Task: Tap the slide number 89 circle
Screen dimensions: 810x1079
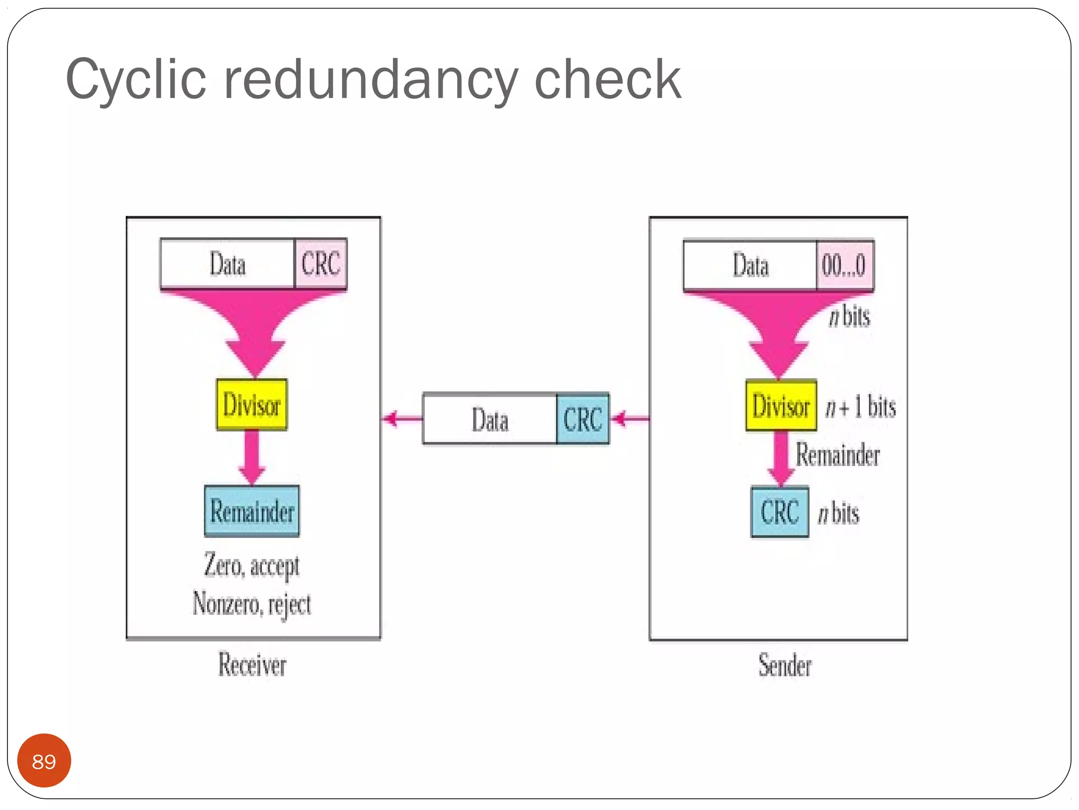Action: (44, 760)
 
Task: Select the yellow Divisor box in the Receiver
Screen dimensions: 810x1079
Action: (252, 404)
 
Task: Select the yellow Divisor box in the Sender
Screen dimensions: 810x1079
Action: (781, 406)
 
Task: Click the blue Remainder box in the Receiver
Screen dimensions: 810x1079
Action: (252, 511)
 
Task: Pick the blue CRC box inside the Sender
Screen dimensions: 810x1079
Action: (779, 512)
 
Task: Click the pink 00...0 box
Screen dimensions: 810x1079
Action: (844, 265)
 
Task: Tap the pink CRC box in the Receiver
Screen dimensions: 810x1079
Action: (320, 263)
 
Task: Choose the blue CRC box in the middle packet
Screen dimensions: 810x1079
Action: (582, 419)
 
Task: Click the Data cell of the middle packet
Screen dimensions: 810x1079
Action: (489, 419)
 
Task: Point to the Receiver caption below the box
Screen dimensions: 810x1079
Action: (252, 664)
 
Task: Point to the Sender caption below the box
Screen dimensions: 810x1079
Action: (784, 665)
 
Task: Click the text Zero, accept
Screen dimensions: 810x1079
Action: (252, 566)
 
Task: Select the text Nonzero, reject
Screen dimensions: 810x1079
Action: (252, 603)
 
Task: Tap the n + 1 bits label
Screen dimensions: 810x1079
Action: (860, 407)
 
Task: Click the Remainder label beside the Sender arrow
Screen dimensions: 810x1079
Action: (837, 455)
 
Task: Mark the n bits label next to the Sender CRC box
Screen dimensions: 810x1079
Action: (838, 513)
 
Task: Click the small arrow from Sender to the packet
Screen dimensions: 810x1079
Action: (630, 419)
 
